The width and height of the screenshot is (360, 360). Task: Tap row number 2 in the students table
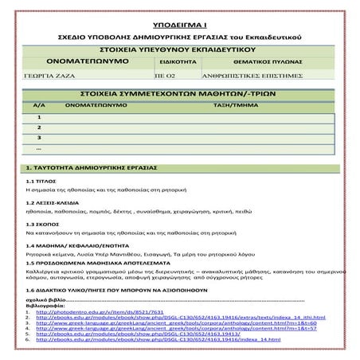(x=39, y=127)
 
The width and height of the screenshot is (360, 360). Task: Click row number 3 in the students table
(x=39, y=139)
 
